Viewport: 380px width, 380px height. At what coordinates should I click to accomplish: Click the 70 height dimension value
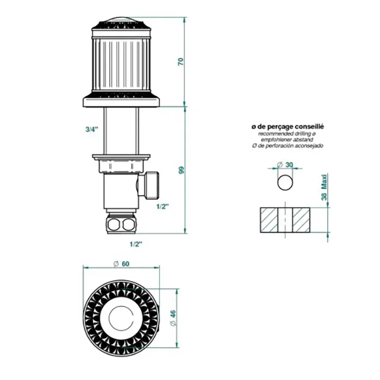[x=181, y=61]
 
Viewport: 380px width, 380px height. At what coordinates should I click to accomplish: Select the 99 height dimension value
[x=181, y=170]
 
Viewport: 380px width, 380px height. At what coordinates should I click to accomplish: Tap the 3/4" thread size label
[x=92, y=129]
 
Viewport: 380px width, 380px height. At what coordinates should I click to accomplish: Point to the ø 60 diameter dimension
[x=122, y=264]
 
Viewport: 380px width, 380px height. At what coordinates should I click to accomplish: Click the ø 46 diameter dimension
[x=173, y=318]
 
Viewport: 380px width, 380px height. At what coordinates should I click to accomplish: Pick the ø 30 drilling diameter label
[x=285, y=165]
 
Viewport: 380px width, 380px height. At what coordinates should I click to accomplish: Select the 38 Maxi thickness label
[x=324, y=188]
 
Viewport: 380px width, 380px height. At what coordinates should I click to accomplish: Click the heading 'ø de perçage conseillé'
[x=287, y=126]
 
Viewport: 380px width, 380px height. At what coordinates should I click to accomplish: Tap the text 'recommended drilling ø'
[x=287, y=134]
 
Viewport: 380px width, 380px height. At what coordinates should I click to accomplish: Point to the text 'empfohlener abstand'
[x=287, y=140]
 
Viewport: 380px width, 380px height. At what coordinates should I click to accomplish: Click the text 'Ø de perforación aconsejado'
[x=287, y=145]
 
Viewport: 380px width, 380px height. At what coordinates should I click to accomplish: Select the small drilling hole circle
[x=285, y=182]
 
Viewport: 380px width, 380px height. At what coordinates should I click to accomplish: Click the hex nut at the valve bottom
[x=122, y=224]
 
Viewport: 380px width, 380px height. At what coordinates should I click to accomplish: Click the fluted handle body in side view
[x=121, y=64]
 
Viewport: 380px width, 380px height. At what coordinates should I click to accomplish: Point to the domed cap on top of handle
[x=121, y=20]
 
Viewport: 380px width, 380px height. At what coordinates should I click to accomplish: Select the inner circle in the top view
[x=121, y=319]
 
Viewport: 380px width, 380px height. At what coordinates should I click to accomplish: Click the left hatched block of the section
[x=269, y=220]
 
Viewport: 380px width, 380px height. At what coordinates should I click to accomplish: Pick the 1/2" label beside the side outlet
[x=162, y=206]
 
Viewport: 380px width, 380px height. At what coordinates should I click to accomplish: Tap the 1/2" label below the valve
[x=136, y=244]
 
